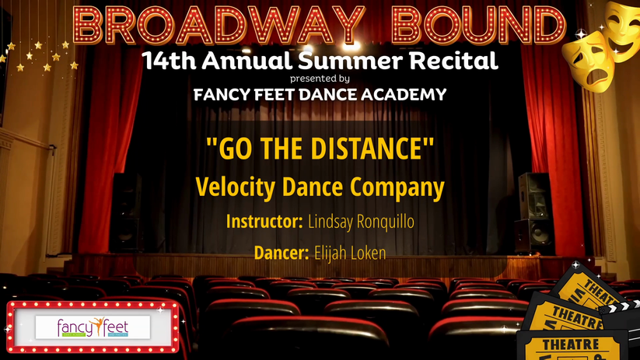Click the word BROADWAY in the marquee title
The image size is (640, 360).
(x=218, y=26)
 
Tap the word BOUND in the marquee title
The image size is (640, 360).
(x=479, y=26)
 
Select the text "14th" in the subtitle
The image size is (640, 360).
(x=169, y=61)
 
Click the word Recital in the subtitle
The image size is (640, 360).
(x=453, y=61)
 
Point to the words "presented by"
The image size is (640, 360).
(x=320, y=79)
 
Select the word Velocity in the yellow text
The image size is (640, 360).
(x=235, y=187)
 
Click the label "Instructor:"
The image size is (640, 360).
(x=264, y=222)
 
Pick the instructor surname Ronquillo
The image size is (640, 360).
(x=385, y=222)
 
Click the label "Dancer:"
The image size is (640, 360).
(x=282, y=253)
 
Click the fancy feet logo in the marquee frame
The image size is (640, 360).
(x=93, y=327)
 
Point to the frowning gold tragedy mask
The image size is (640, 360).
(x=588, y=61)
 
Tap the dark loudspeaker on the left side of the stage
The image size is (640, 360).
(x=126, y=212)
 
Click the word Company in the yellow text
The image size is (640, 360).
(x=397, y=187)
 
